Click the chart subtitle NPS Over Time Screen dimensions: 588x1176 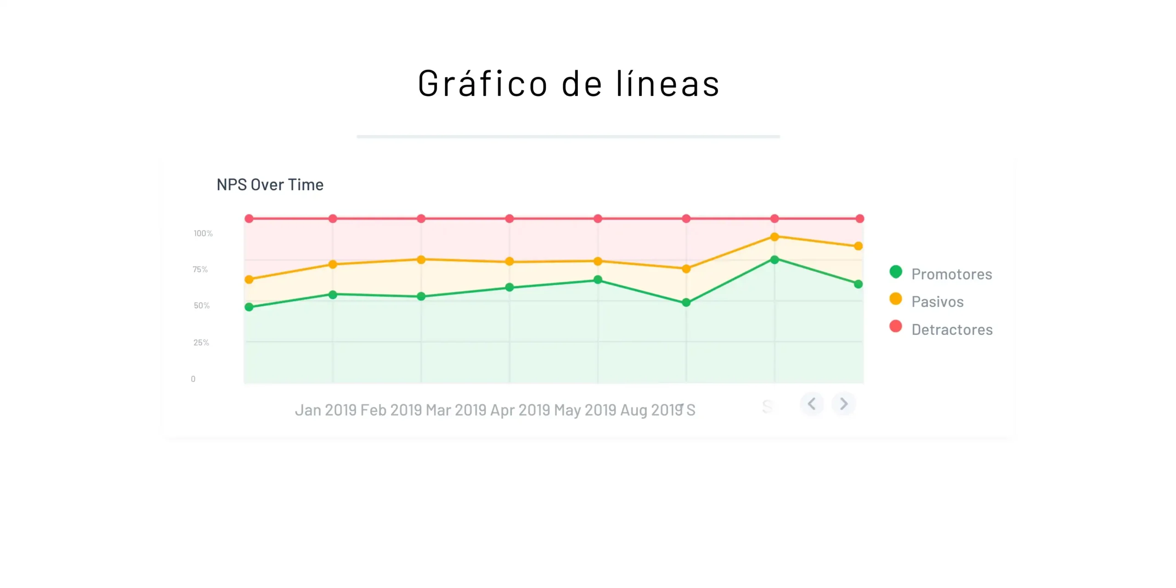click(x=270, y=185)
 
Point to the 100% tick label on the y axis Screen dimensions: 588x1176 click(x=203, y=233)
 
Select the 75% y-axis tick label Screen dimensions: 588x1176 click(x=200, y=269)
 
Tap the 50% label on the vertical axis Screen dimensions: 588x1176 click(x=202, y=305)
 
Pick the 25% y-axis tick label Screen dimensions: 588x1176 click(x=201, y=342)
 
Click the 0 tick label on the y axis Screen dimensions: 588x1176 click(x=193, y=379)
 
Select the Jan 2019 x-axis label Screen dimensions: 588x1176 click(x=326, y=410)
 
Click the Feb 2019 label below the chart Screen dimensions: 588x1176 click(x=391, y=410)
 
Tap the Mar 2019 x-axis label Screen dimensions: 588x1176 click(x=456, y=410)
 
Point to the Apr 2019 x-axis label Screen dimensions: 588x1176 click(x=520, y=410)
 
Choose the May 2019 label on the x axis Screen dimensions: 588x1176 click(x=585, y=410)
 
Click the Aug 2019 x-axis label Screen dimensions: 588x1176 click(x=651, y=410)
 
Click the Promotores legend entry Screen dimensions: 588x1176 click(x=951, y=274)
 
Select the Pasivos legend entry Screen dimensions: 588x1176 click(x=937, y=302)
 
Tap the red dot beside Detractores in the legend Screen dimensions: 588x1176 click(x=895, y=327)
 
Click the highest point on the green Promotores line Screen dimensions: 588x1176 click(x=775, y=260)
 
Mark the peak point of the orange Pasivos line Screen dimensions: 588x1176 click(x=775, y=237)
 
